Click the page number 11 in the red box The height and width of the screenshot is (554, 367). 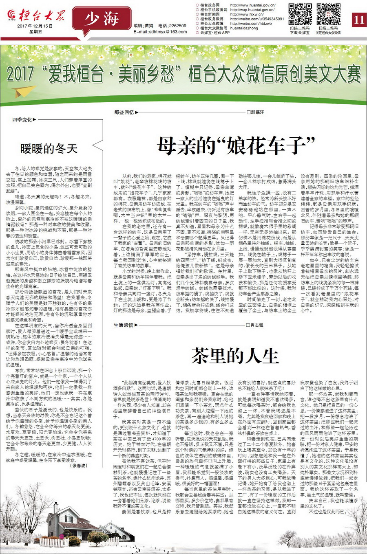coord(358,20)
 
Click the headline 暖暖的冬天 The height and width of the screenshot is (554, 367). coord(49,148)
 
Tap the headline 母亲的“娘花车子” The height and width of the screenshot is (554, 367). coord(237,145)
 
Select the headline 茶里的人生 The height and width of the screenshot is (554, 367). coord(236,356)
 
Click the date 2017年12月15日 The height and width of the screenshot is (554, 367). coord(35,26)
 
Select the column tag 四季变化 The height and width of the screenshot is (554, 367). coord(23,120)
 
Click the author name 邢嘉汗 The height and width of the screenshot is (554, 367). coord(257,112)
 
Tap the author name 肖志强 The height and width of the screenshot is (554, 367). coord(257,325)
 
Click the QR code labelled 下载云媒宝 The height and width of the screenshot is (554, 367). coord(300,14)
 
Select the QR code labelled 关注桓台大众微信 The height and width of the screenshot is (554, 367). coord(328,14)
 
